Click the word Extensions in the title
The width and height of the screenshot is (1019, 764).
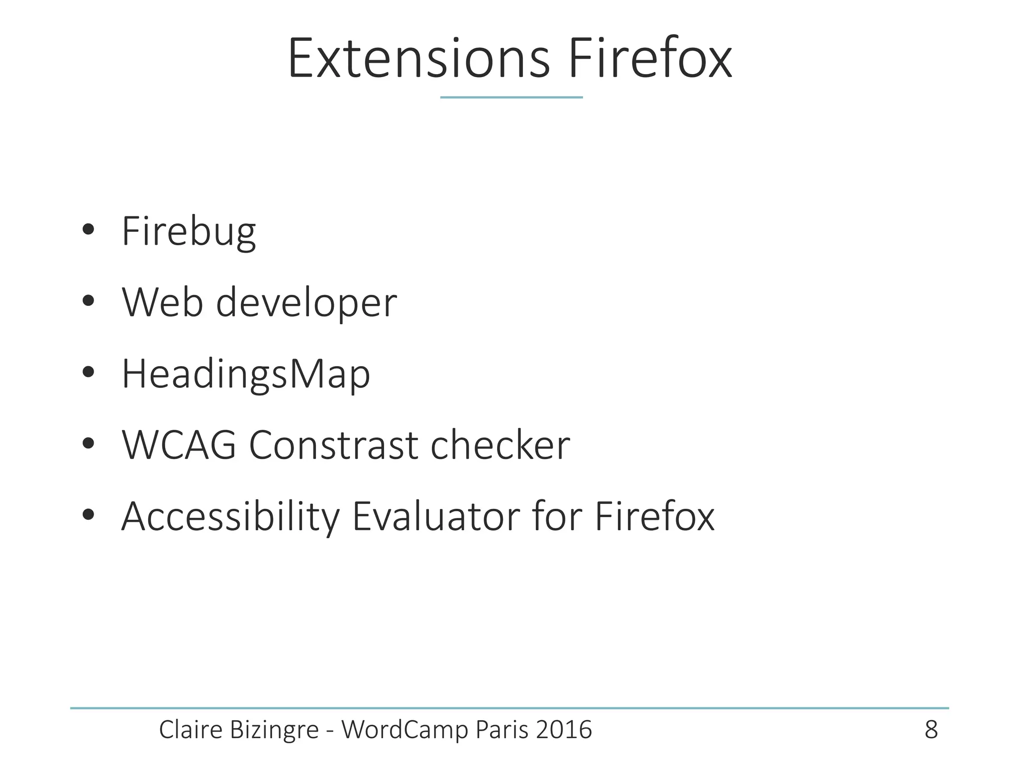418,59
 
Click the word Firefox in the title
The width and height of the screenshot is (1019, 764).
650,59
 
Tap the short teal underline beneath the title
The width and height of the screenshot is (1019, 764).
511,97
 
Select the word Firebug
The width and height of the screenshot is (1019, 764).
189,232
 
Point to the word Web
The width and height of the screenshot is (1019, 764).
162,302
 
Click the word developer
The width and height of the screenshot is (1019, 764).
306,303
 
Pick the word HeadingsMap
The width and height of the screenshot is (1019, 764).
246,375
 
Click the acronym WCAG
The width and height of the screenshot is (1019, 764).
179,445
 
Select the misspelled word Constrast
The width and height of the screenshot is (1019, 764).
333,445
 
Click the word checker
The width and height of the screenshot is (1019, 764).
500,445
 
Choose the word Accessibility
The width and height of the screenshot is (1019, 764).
230,517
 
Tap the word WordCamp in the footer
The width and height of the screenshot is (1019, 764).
406,730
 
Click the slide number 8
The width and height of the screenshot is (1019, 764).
931,730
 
